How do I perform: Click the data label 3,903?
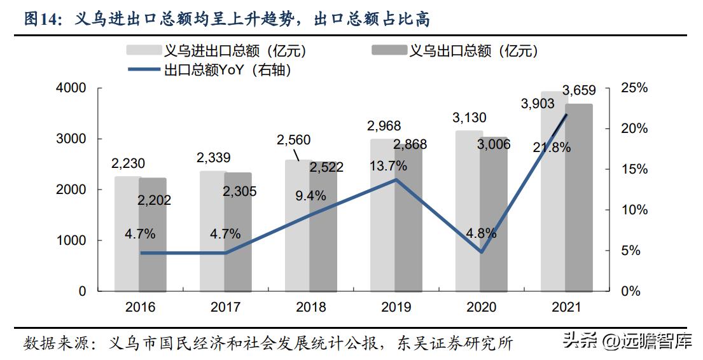click(538, 103)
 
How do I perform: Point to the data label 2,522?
click(326, 167)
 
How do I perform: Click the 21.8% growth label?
click(553, 147)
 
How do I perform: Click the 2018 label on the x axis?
click(310, 307)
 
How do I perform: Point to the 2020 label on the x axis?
click(481, 307)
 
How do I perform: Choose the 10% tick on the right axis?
click(633, 210)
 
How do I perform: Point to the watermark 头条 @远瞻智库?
click(627, 342)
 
